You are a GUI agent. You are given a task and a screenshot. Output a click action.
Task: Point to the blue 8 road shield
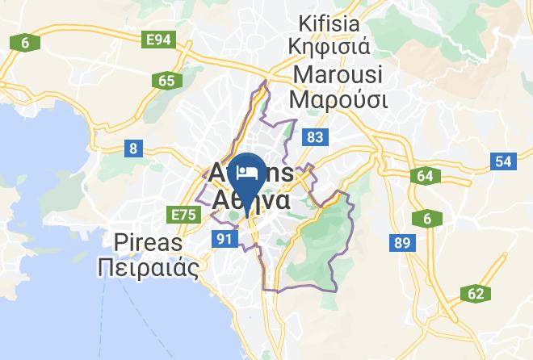(x=133, y=148)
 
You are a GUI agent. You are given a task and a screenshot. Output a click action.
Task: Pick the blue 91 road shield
(x=225, y=238)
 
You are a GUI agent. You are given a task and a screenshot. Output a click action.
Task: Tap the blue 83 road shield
(x=314, y=138)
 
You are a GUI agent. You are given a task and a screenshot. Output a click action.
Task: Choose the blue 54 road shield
(x=503, y=161)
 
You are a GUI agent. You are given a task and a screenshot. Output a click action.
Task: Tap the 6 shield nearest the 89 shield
(x=426, y=218)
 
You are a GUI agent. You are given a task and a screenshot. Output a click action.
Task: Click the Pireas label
(x=149, y=243)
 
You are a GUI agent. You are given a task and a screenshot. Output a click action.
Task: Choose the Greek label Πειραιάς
(x=147, y=267)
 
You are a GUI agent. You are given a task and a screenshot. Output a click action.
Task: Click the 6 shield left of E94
(x=25, y=42)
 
